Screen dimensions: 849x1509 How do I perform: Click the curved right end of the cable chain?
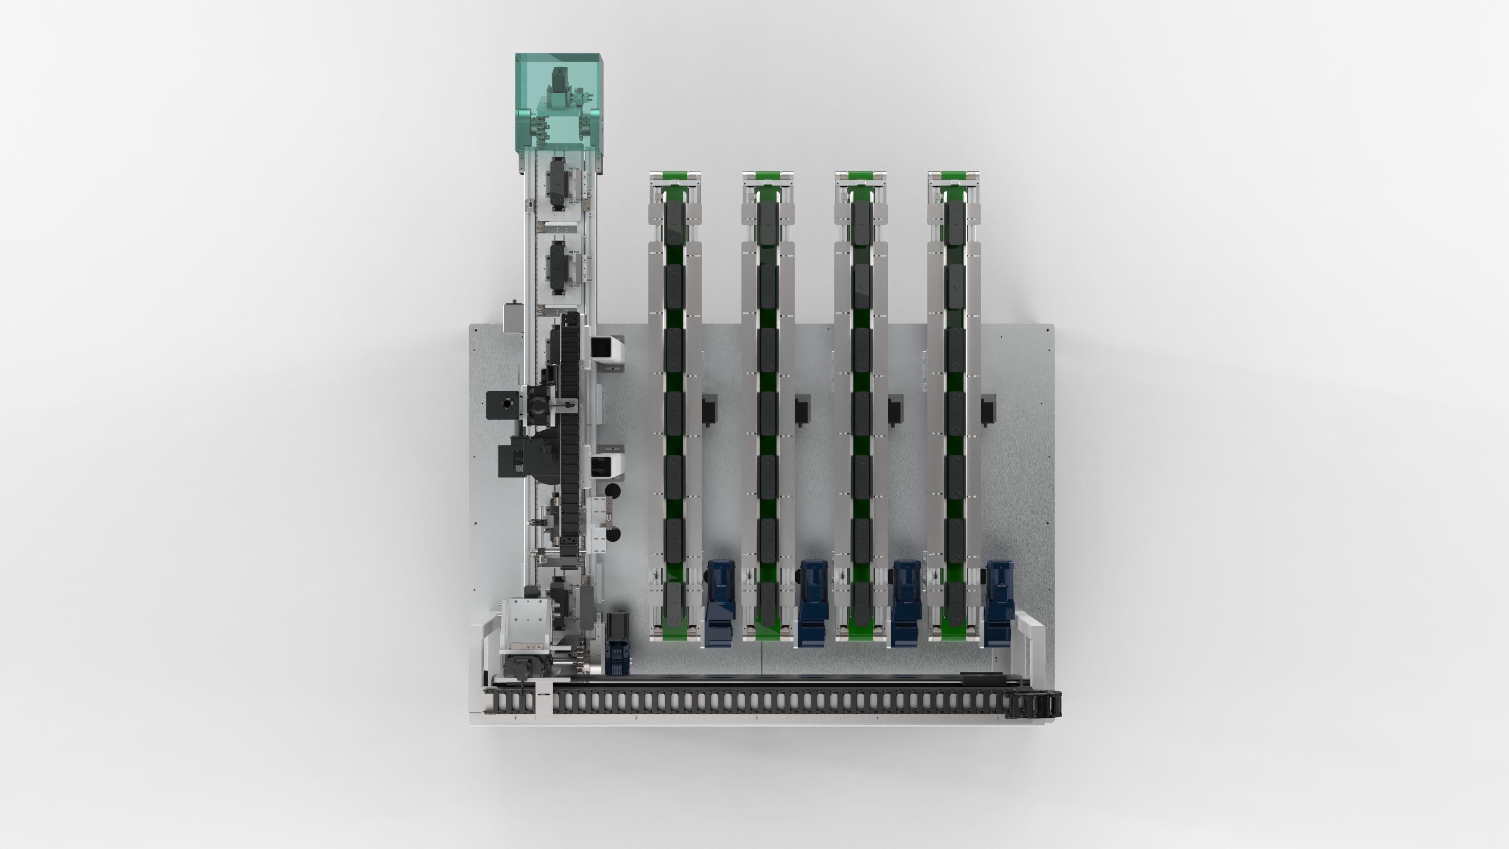click(1048, 704)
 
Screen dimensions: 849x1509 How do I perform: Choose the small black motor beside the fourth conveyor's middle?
click(988, 410)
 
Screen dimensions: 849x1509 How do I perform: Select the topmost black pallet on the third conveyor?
click(860, 222)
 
